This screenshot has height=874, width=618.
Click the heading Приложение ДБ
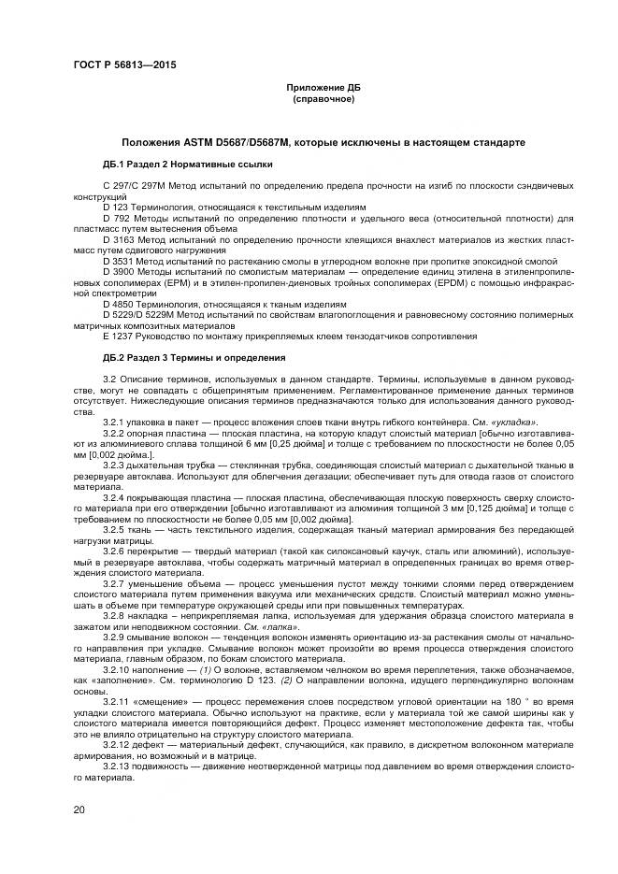323,87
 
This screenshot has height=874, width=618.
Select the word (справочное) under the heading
323,98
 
